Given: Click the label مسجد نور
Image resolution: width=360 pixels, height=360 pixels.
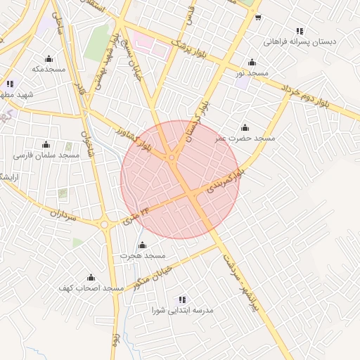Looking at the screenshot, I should coord(252,74).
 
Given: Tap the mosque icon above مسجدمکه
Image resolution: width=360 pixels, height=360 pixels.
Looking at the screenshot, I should coord(49,58).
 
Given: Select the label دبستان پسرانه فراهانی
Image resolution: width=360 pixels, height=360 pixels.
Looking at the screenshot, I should coord(300,41).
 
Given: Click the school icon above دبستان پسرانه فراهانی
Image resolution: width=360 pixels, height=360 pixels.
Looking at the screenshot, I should coord(300,31).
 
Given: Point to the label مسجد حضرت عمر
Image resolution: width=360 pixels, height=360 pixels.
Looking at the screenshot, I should coord(245,139).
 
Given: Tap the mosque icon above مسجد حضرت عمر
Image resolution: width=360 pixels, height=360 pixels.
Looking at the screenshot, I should coord(245,127).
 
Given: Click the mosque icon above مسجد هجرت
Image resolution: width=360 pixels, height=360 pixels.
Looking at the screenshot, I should coord(142,245).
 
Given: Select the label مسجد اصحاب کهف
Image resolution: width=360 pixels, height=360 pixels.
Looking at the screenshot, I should coord(91,288).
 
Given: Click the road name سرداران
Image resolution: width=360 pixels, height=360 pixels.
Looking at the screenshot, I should coord(62,214).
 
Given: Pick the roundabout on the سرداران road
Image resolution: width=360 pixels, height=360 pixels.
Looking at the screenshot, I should coord(105,225).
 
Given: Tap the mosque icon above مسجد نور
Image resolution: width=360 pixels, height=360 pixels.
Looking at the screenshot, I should coord(252,63).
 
